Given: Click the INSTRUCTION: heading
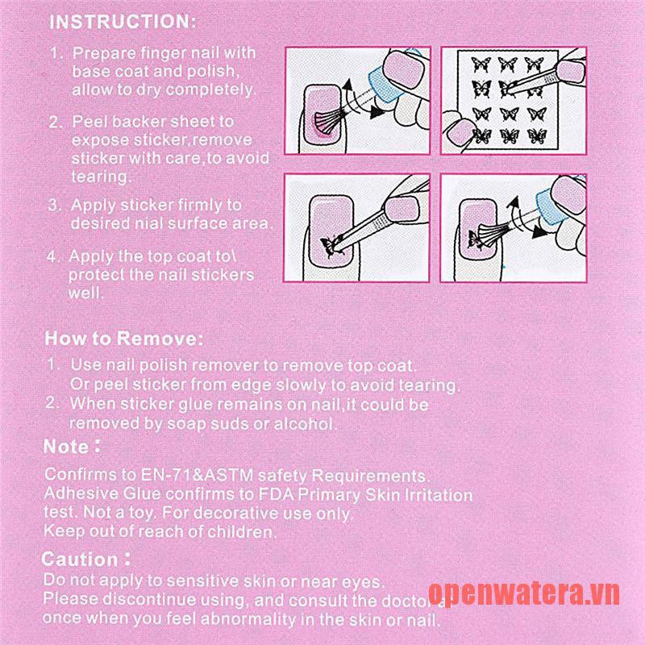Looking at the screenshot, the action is pos(123,22).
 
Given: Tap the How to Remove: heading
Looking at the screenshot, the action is pos(124,339).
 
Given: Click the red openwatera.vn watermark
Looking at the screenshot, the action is pos(523,593).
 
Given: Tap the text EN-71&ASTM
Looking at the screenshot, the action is pos(197,475).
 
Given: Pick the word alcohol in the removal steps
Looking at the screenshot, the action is pos(303,424).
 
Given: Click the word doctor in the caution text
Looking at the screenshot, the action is pos(407,601).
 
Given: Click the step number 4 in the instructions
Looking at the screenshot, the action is pos(52,256).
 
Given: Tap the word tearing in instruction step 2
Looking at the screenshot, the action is pos(99,177).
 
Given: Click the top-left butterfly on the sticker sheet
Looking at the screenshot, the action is pos(481,64).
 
